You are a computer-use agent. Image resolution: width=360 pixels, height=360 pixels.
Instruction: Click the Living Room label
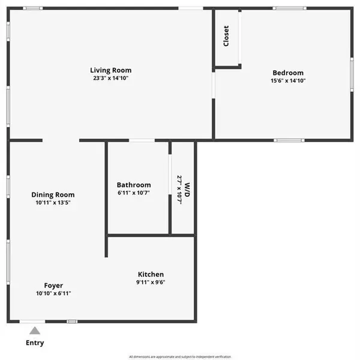[x=111, y=70]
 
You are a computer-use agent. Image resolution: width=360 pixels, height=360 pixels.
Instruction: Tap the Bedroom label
[x=288, y=73]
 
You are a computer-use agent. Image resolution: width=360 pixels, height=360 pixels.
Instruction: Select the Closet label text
[x=226, y=36]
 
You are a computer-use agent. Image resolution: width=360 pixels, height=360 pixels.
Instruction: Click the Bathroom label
[x=134, y=185]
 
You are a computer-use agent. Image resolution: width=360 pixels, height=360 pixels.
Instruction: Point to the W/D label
[x=187, y=190]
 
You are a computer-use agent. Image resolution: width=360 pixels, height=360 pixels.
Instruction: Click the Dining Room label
[x=53, y=194]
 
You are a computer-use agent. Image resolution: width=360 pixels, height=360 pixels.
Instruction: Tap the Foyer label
[x=53, y=286]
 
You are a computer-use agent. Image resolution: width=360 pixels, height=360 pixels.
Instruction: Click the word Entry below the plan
[x=34, y=343]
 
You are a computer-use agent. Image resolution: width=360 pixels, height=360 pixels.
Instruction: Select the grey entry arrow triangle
[x=35, y=330]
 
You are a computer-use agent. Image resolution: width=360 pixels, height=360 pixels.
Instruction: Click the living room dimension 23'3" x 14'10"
[x=111, y=79]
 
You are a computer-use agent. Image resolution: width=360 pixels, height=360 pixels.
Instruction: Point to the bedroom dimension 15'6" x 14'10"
[x=288, y=81]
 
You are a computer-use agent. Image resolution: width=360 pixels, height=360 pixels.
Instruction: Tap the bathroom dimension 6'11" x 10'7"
[x=134, y=193]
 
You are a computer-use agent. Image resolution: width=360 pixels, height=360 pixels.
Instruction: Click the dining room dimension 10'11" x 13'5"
[x=53, y=203]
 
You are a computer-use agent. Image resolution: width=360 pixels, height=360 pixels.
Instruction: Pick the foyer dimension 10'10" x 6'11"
[x=53, y=294]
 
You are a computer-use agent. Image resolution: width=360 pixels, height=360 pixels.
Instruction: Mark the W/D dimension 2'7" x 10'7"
[x=179, y=190]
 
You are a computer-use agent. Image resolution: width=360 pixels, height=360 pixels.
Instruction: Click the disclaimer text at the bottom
[x=180, y=356]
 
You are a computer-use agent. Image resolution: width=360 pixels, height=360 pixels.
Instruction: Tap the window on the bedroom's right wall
[x=352, y=73]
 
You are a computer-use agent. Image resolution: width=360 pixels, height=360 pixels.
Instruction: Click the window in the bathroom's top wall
[x=142, y=140]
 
